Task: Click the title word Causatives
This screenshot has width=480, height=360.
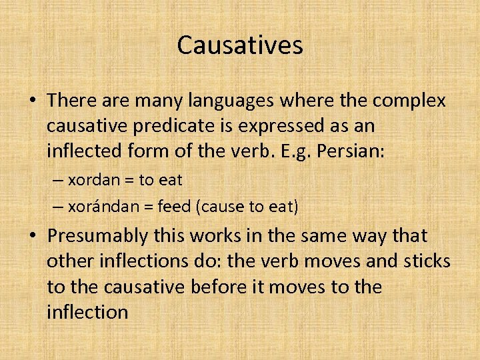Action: point(240,45)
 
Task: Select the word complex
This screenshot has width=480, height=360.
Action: point(409,100)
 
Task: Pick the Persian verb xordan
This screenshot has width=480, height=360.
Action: point(93,179)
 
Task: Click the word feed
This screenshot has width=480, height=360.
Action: point(175,207)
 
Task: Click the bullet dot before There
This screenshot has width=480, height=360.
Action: point(33,101)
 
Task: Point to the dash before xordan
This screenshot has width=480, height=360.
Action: point(57,180)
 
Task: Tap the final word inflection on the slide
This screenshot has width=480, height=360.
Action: point(87,312)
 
